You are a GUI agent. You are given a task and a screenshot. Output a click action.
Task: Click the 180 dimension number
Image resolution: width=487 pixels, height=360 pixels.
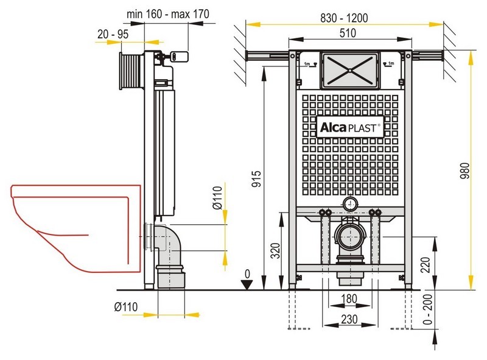349,298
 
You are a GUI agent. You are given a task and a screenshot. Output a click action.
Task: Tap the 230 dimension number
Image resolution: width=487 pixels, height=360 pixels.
349,319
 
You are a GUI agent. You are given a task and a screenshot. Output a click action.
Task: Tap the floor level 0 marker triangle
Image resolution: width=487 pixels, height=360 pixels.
247,284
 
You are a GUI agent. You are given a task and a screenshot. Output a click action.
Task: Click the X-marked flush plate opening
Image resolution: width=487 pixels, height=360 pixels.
349,70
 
